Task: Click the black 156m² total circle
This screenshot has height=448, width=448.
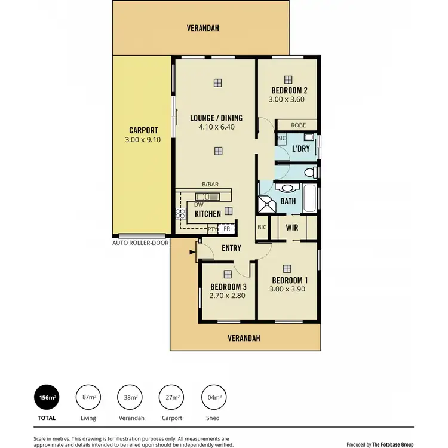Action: point(47,397)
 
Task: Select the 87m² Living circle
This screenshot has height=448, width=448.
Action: point(88,397)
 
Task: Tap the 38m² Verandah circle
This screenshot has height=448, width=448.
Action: point(130,397)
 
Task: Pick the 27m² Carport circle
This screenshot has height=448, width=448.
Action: point(171,397)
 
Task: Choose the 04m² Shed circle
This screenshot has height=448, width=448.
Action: point(213,397)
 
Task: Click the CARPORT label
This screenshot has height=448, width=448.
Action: point(143,130)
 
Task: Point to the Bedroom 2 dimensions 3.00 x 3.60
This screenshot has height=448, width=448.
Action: point(287,100)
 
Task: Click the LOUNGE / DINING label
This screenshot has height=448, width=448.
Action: point(216,118)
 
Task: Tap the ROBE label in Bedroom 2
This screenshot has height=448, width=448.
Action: point(298,125)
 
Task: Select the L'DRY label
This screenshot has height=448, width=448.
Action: point(300,149)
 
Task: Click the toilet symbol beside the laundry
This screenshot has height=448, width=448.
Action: point(310,173)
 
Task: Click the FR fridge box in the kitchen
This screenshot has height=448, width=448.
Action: point(227,229)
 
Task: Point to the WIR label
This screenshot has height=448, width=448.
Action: point(292,228)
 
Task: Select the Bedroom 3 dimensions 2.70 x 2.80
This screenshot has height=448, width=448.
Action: point(228,295)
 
